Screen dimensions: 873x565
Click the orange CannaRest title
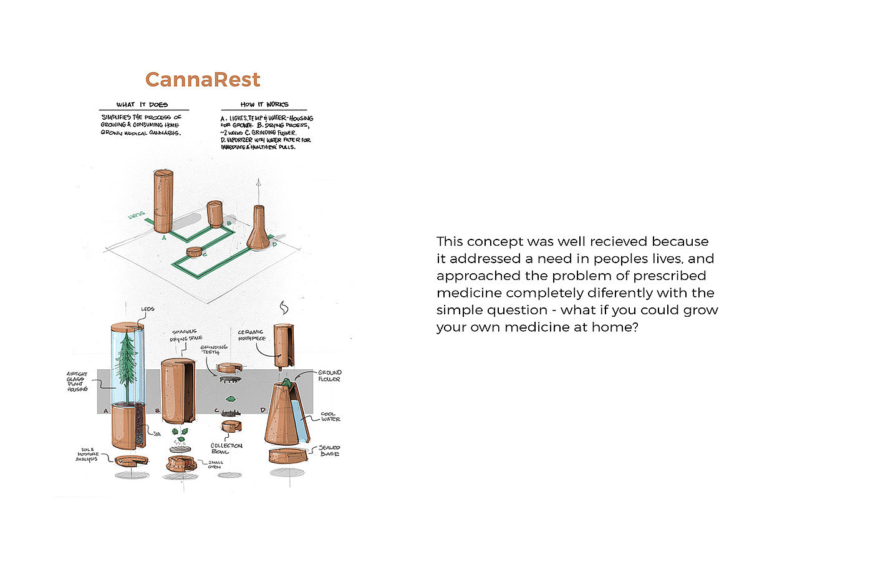[203, 80]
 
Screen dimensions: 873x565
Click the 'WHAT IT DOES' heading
[142, 104]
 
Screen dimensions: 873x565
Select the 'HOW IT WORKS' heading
[264, 104]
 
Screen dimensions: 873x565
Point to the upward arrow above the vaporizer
[258, 187]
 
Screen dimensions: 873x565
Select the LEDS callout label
[148, 309]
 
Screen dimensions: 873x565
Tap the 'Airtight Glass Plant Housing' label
[77, 381]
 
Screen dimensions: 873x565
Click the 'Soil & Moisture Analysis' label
[87, 454]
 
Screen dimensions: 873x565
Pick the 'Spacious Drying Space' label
[186, 336]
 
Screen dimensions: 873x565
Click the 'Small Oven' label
[215, 465]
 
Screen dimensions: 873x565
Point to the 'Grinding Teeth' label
[214, 349]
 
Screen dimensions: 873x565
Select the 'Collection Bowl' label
[226, 448]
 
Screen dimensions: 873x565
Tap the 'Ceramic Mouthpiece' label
[251, 335]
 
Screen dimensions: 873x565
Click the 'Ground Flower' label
[329, 375]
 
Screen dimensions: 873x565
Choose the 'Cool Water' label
[330, 417]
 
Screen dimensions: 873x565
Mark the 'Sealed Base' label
[329, 450]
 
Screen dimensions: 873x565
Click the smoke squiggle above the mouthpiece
[284, 308]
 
